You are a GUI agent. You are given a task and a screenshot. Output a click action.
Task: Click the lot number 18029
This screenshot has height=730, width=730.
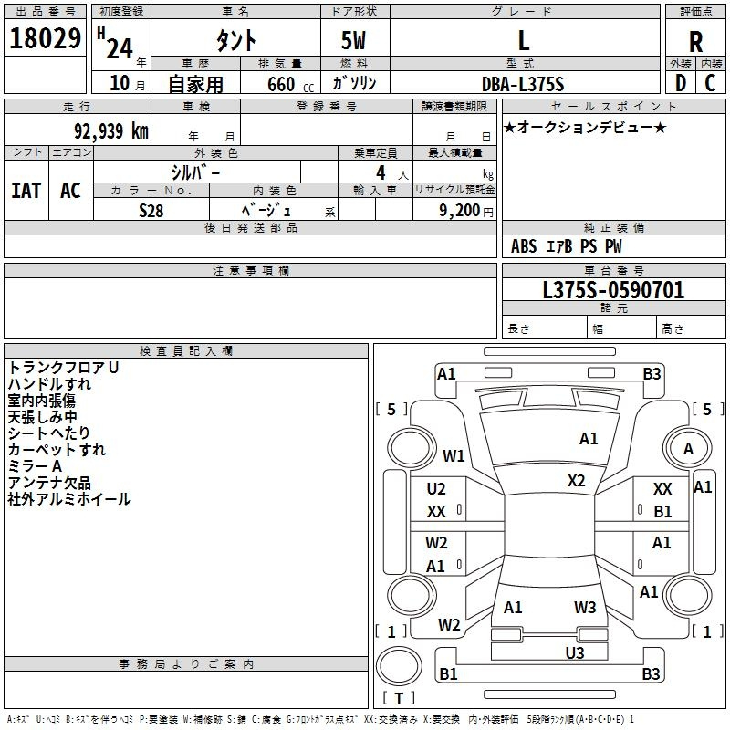(45, 38)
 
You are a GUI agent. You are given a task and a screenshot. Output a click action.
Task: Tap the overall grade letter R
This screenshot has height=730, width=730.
(695, 42)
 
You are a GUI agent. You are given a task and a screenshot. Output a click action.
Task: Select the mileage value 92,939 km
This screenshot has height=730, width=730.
(111, 131)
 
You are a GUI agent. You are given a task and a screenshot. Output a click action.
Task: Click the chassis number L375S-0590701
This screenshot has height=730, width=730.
(613, 290)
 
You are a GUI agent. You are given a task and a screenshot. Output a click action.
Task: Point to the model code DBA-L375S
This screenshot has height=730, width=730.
(523, 84)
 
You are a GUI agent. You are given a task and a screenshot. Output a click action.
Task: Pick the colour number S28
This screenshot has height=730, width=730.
(151, 211)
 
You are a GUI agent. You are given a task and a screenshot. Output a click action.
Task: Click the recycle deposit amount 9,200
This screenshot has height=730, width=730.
(460, 211)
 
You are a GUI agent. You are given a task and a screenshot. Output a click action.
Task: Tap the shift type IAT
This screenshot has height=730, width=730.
(26, 191)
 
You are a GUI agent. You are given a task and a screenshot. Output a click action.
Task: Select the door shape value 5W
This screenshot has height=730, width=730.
(353, 40)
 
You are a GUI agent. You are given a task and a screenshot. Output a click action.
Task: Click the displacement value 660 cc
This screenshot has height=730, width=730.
(290, 84)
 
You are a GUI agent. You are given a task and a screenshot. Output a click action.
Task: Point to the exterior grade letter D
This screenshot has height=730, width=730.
(681, 83)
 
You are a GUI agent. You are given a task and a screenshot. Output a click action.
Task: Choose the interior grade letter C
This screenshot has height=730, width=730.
(710, 83)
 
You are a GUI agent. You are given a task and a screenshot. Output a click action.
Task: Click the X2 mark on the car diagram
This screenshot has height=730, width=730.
(576, 481)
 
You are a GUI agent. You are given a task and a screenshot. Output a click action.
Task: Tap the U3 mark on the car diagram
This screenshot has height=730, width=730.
(575, 652)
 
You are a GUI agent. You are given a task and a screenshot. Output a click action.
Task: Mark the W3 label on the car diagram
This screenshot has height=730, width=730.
(585, 607)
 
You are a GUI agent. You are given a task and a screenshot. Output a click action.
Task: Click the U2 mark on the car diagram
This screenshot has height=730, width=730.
(436, 489)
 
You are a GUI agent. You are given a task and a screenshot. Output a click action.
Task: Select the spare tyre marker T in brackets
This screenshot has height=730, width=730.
(399, 698)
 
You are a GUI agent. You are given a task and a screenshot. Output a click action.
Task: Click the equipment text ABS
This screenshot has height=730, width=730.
(524, 246)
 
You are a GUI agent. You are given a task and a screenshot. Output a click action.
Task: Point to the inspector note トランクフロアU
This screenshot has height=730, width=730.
(63, 368)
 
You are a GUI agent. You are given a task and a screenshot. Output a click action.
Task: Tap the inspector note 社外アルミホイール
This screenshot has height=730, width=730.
(69, 499)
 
